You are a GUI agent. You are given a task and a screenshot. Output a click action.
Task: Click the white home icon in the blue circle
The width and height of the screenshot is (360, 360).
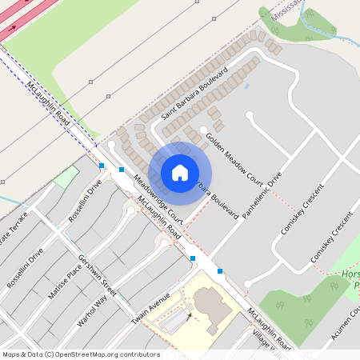[180, 172]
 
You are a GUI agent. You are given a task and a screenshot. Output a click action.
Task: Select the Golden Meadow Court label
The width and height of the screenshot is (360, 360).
[234, 156]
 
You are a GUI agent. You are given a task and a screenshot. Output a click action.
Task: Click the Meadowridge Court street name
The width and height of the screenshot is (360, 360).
[158, 199]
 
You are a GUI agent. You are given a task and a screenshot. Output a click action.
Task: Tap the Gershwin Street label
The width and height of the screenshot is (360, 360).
[98, 275]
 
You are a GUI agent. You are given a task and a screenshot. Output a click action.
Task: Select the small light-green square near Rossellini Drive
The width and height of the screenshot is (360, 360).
[67, 176]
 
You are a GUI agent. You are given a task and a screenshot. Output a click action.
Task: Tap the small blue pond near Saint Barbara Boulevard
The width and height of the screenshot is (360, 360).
[246, 86]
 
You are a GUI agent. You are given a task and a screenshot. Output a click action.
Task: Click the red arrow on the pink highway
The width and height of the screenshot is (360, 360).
[11, 28]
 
